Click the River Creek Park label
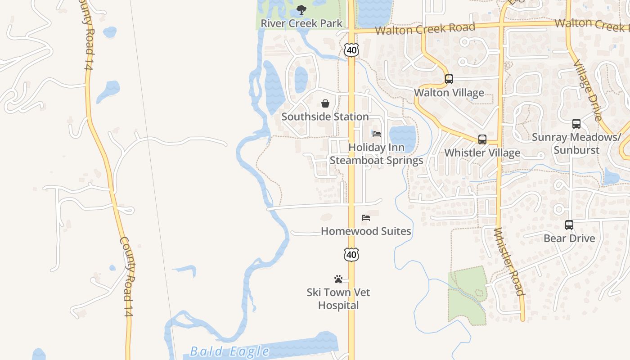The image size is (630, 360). coord(301,23)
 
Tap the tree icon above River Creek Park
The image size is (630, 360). coord(301,10)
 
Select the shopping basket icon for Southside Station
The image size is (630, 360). coord(325,104)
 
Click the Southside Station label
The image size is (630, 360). coord(325,117)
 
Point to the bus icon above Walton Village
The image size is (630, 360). coord(449,79)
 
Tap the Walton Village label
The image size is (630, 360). coord(449,93)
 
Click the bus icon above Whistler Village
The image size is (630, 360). coord(482,139)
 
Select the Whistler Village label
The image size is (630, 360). coord(482,153)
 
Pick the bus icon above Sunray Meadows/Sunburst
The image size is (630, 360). coord(576,124)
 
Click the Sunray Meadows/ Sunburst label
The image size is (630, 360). coord(576,144)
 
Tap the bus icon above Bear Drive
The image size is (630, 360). coord(569,225)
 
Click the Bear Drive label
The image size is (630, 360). coord(569,238)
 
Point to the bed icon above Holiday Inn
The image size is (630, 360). coord(377,134)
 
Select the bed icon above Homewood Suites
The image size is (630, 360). coord(366,218)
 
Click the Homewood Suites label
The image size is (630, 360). coord(366,231)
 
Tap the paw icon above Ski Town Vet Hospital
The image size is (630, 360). coord(338,279)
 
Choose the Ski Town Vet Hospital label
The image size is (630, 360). coord(338,299)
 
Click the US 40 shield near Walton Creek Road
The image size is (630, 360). coord(351,50)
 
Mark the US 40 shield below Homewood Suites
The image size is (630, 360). coord(351,255)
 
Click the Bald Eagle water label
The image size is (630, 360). coord(229,351)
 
